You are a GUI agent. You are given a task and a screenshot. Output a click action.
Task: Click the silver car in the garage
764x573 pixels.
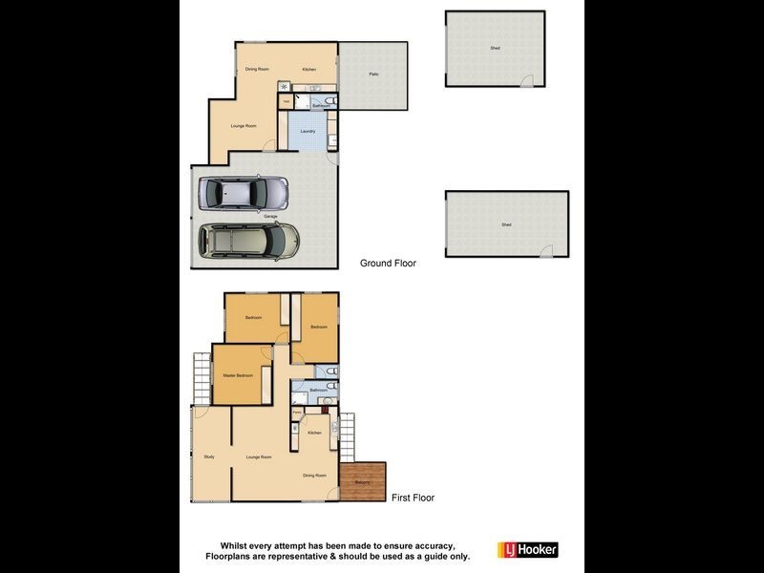click(x=243, y=193)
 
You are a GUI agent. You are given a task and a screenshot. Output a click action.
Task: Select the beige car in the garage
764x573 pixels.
click(x=248, y=241)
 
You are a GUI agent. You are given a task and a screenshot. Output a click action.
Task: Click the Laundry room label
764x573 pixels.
click(x=308, y=131)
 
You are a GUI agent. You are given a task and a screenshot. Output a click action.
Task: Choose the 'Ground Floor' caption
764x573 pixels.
click(x=388, y=263)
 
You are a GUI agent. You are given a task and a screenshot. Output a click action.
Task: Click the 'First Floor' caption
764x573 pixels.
click(x=413, y=498)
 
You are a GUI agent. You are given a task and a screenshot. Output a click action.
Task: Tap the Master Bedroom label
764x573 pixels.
click(x=238, y=375)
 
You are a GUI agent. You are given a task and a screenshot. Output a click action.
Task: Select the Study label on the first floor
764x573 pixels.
click(x=209, y=456)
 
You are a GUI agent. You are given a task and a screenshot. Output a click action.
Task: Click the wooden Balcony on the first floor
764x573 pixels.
click(x=363, y=481)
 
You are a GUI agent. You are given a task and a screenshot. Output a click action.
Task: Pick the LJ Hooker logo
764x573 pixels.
click(x=527, y=549)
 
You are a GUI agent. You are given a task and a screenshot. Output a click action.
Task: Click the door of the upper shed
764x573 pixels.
click(x=526, y=82)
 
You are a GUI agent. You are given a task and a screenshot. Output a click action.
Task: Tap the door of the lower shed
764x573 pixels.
click(x=546, y=251)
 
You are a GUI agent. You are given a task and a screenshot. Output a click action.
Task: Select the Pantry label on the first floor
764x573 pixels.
click(x=297, y=411)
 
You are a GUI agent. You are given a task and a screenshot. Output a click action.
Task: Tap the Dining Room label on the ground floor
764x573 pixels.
click(x=257, y=70)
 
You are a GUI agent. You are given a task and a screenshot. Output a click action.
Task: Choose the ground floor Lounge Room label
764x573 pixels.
click(x=244, y=126)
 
